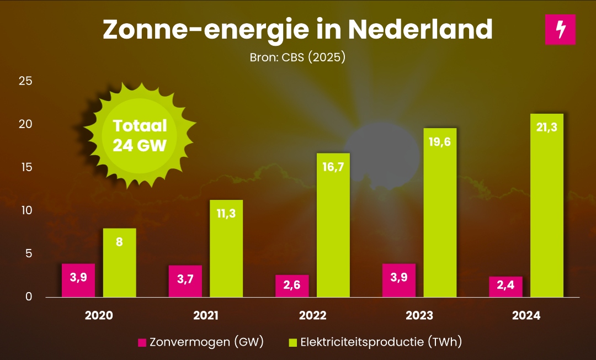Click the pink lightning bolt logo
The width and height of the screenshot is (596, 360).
point(560,29)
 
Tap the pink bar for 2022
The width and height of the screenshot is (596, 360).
point(292,286)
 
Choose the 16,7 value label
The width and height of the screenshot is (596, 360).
point(333,167)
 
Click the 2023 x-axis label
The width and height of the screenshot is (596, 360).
point(419,316)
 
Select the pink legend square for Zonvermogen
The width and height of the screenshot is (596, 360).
point(142,343)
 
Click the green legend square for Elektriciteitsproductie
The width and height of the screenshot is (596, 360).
point(293,343)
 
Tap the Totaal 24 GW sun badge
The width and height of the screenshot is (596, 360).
point(140,135)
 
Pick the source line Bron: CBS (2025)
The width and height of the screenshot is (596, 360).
point(297,57)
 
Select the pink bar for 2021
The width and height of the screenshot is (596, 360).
point(185,282)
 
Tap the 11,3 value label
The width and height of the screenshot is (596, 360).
point(226,214)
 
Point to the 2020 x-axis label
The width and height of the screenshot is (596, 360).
point(99,316)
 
